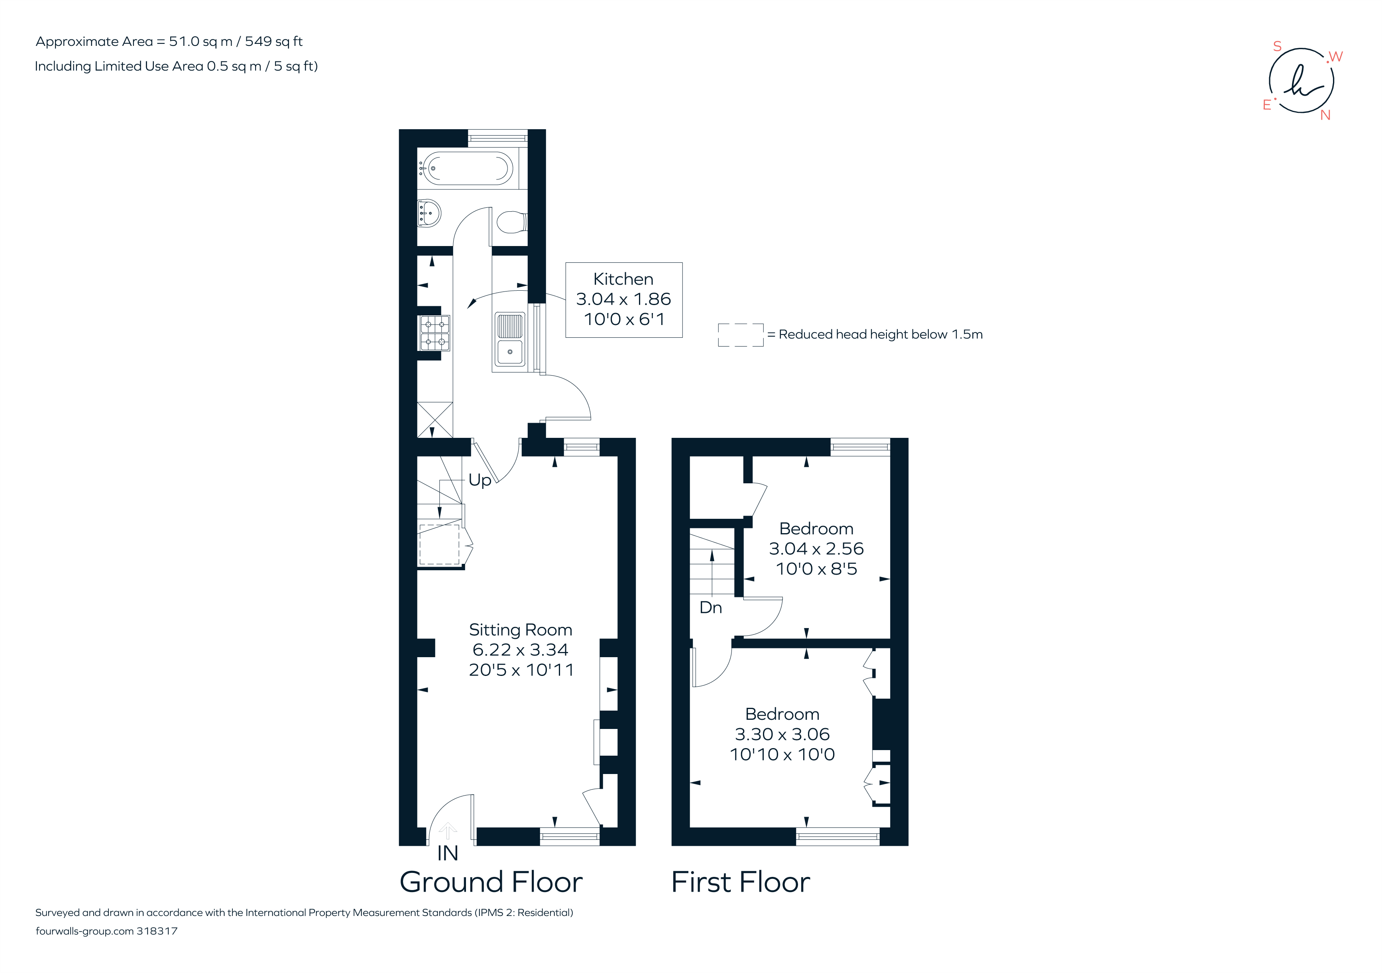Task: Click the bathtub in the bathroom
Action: (x=468, y=168)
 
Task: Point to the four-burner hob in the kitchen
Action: (x=434, y=333)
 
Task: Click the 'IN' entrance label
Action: (x=447, y=853)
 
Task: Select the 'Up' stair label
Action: (x=480, y=480)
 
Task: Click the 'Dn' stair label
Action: (x=710, y=607)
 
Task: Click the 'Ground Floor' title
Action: (x=491, y=882)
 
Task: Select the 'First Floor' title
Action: (x=740, y=882)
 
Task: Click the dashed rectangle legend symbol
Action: (x=740, y=335)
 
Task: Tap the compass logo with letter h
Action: (x=1301, y=81)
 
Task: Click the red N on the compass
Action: (x=1325, y=115)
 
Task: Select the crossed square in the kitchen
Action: (x=434, y=420)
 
